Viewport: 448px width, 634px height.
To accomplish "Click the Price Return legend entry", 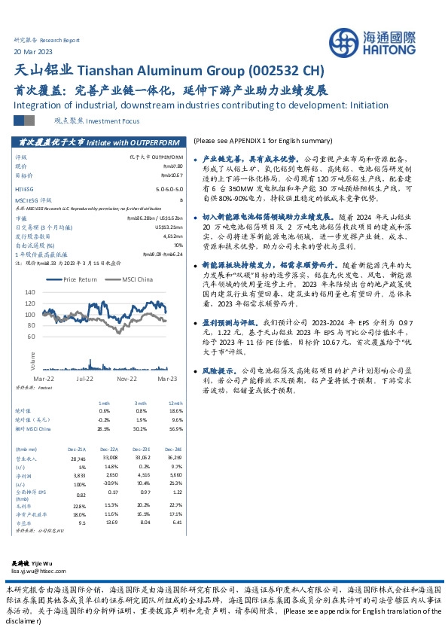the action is (x=78, y=279).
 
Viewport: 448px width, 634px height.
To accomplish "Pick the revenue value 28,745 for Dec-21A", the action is (x=78, y=458).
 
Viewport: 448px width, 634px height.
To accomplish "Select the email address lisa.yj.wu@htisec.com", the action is (x=46, y=572).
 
